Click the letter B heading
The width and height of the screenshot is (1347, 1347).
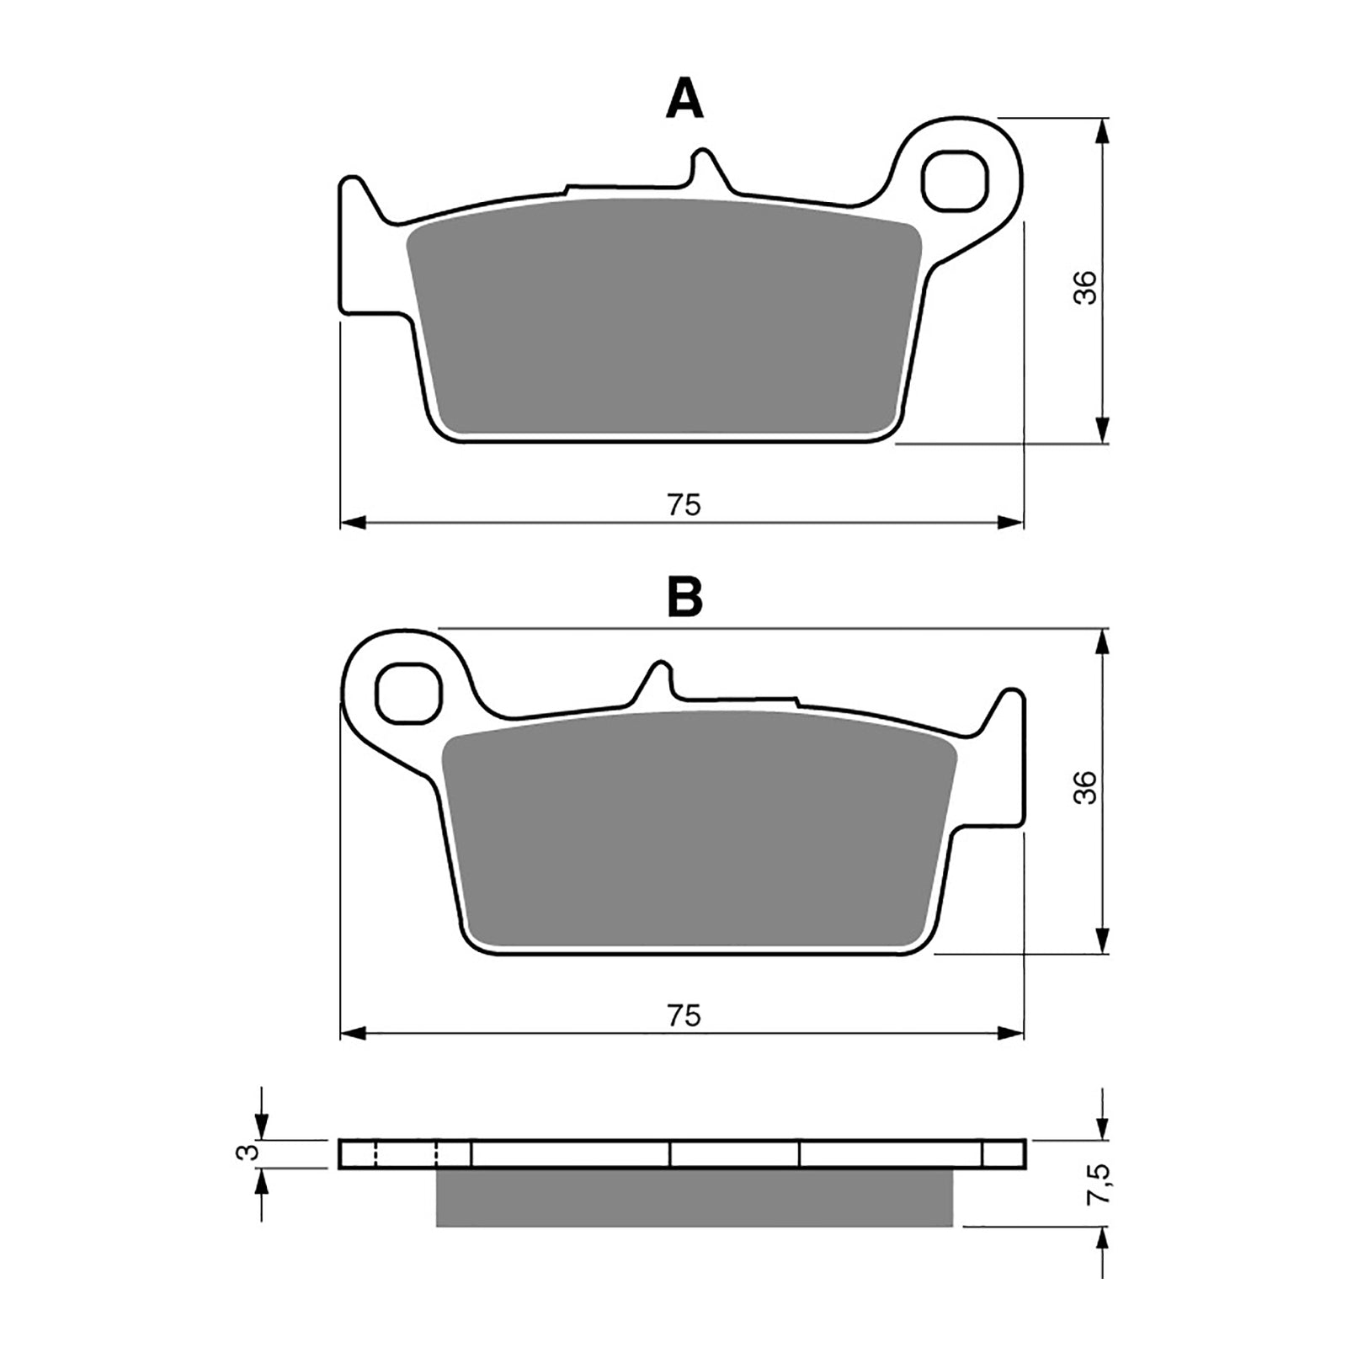click(684, 598)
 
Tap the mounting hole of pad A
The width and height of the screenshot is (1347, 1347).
click(955, 180)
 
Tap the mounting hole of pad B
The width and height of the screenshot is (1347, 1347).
click(409, 693)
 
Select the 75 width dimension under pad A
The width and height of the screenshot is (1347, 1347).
click(684, 505)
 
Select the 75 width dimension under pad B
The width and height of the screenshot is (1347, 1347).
click(684, 1016)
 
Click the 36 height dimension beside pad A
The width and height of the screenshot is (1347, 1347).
click(1087, 288)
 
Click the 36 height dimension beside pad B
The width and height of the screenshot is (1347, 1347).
click(1087, 787)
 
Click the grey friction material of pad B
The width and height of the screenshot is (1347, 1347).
click(699, 833)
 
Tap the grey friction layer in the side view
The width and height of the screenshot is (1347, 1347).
click(694, 1197)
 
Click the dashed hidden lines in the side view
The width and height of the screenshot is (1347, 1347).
click(406, 1153)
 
